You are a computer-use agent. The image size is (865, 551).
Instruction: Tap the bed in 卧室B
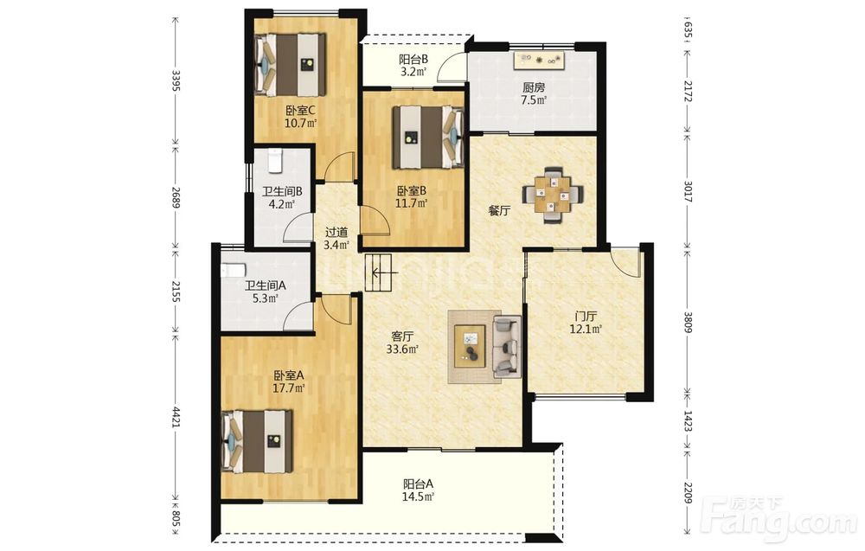427,138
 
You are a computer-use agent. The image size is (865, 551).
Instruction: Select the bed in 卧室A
257,440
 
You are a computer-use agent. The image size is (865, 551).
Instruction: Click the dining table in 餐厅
552,195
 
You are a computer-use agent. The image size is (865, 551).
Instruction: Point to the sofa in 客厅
507,346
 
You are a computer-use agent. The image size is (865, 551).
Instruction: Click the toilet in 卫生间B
275,160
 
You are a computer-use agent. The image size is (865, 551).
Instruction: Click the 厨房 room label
534,87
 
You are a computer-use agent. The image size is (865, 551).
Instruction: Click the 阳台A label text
418,484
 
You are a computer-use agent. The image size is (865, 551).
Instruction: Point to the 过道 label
336,232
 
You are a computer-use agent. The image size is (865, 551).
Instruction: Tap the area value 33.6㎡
402,349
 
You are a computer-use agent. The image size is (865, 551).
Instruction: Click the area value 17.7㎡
289,388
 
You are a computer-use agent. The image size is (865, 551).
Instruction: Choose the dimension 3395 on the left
176,80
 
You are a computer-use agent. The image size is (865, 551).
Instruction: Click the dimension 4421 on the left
176,418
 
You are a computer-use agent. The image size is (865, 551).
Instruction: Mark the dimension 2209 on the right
688,492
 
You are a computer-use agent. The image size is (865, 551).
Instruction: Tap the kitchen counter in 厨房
540,61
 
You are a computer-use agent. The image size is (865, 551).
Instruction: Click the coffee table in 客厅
470,346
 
